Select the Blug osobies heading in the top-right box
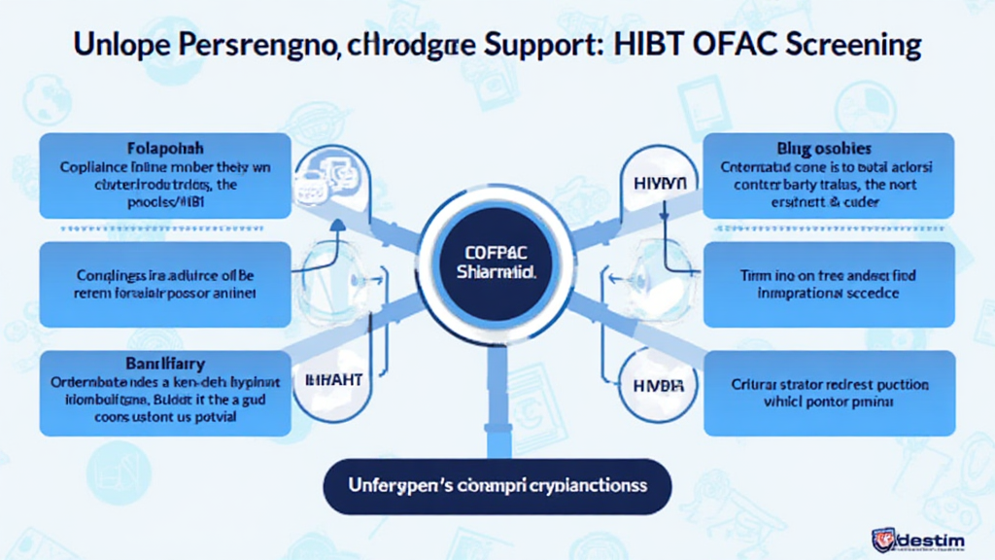pyautogui.click(x=824, y=149)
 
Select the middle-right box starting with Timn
pyautogui.click(x=828, y=284)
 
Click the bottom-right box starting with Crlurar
pyautogui.click(x=828, y=391)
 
